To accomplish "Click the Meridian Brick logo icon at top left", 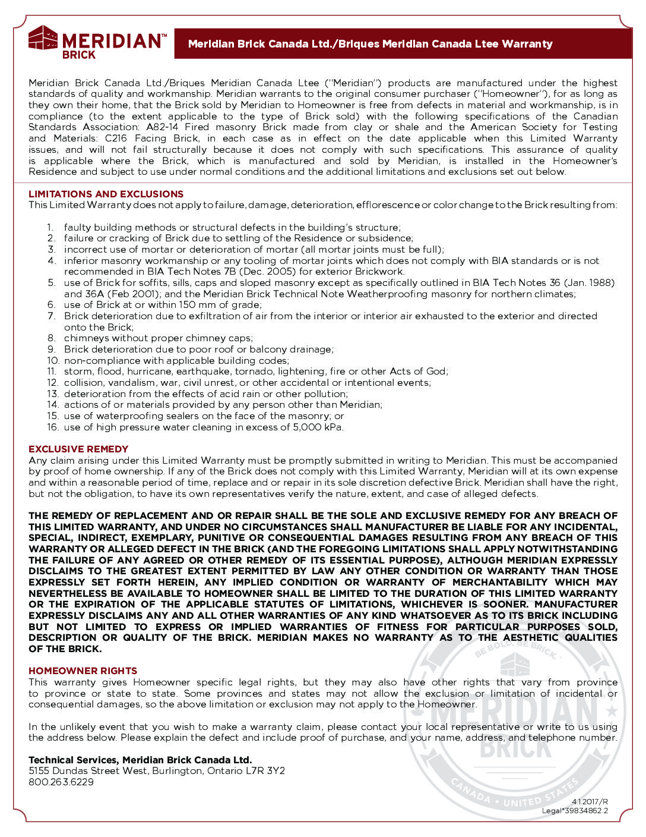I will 43,39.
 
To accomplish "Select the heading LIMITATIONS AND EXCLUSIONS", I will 106,194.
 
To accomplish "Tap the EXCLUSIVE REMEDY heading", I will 78,449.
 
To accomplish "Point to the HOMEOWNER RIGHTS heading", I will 83,671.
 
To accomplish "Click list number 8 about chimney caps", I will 52,338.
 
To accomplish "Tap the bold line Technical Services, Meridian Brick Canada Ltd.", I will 140,760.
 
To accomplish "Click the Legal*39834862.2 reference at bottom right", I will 574,811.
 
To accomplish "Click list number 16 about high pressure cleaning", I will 53,427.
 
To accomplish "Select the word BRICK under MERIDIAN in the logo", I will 79,55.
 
